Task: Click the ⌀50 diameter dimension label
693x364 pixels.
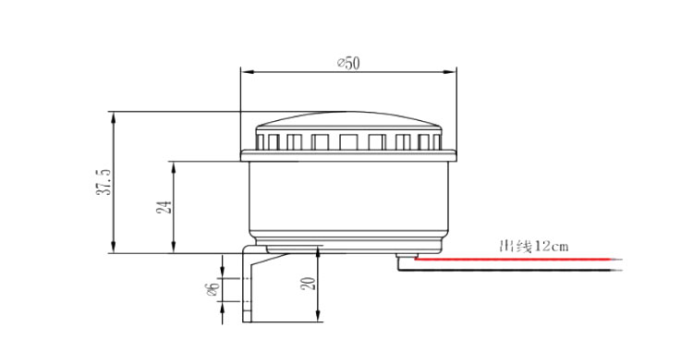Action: [348, 63]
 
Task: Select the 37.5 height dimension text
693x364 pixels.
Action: [104, 182]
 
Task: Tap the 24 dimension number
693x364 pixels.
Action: [164, 207]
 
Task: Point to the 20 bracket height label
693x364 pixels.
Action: [309, 283]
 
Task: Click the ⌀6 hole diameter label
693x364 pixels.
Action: [213, 290]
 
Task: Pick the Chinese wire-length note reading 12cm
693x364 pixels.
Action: [533, 246]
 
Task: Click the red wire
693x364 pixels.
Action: [518, 260]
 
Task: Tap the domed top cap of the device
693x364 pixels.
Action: [348, 119]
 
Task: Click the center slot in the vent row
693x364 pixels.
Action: [348, 142]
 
